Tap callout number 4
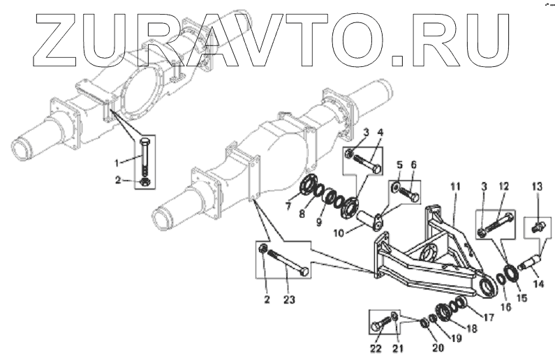pos(380,133)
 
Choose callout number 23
pos(288,300)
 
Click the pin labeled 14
pos(530,266)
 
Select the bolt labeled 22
pos(382,324)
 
